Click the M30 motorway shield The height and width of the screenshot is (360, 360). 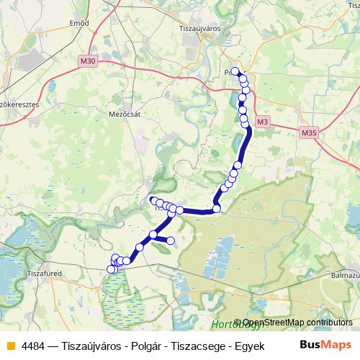(x=88, y=62)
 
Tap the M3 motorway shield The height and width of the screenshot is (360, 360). (x=262, y=122)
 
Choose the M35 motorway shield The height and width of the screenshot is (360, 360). (x=309, y=133)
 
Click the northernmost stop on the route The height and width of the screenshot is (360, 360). (x=235, y=71)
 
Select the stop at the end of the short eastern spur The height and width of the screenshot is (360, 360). (x=171, y=240)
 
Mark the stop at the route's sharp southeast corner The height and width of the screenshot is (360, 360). (x=216, y=209)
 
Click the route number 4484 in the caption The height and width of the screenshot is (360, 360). (x=33, y=345)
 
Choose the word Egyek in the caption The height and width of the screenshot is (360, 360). (x=239, y=345)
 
